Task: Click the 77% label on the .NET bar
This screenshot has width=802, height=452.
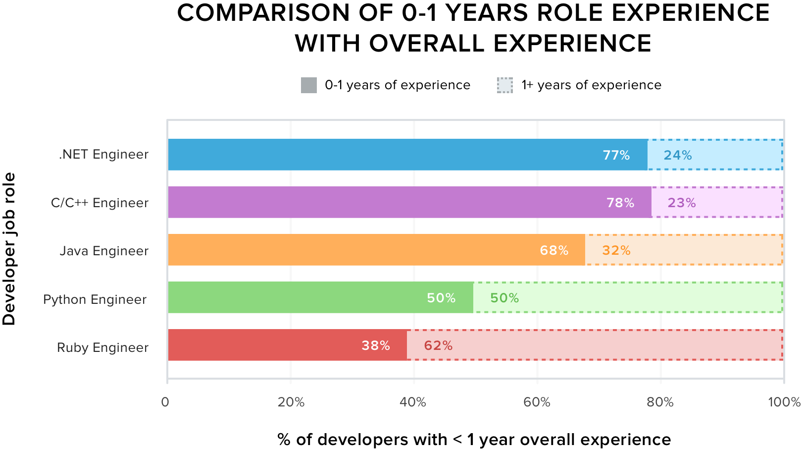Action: [616, 155]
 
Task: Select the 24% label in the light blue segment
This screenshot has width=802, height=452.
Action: [677, 155]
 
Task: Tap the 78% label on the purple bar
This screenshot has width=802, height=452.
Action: [620, 203]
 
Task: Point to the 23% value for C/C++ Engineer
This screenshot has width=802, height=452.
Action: [681, 203]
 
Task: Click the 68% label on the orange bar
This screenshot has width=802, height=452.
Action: [553, 250]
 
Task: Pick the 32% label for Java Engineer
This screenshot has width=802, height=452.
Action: [616, 250]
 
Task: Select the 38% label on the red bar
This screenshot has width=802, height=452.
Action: [375, 345]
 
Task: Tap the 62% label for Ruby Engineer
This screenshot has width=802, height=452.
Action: [438, 345]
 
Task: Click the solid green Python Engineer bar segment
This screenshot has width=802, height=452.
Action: [297, 297]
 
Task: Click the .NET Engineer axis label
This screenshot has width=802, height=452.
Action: [103, 155]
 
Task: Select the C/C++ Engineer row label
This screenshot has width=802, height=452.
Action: [100, 203]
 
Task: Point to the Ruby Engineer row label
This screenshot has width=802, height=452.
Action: [102, 347]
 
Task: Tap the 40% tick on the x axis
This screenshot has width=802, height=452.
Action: [413, 402]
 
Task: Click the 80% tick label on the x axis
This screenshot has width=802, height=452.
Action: [660, 402]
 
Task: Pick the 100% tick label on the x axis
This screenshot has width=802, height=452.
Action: [784, 402]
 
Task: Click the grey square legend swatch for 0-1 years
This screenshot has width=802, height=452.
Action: [309, 85]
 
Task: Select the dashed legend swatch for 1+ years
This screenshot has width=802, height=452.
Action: [505, 85]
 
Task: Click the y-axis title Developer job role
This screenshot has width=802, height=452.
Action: [9, 249]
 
